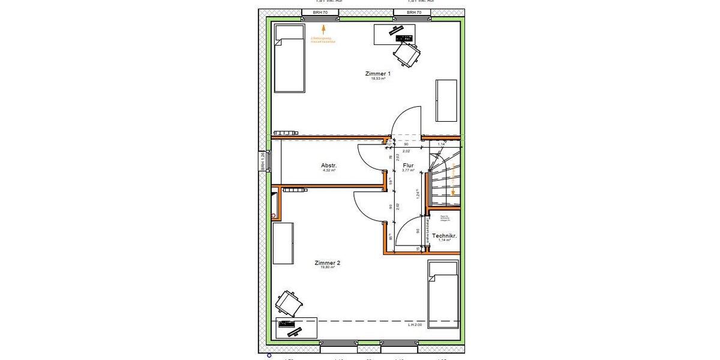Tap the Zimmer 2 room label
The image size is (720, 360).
point(328,263)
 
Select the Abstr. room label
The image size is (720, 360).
point(329,166)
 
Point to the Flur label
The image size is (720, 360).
point(408,165)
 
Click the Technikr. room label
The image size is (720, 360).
point(445,236)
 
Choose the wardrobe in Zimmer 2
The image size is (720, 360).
point(283,243)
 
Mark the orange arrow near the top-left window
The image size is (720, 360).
point(323,28)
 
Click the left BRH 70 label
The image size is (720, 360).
point(320,12)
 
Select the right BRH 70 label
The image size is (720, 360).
point(414,12)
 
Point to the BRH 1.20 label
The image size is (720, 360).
point(262,162)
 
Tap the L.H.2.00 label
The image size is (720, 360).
point(415,325)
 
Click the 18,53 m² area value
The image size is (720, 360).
point(377,79)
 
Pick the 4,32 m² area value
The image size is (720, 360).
point(329,171)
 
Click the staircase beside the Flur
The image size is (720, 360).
point(444,178)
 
